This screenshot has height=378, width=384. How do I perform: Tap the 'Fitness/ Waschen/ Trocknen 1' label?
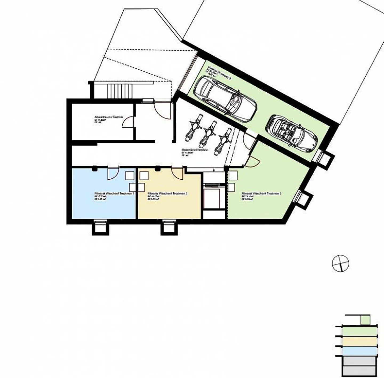coord(114,193)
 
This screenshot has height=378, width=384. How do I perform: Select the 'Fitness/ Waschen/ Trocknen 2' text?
coord(167,193)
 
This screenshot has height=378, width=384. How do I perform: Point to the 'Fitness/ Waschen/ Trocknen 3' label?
coord(261,193)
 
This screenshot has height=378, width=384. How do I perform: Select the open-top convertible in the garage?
coord(291,134)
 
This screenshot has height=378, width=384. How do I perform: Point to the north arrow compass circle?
coord(340,263)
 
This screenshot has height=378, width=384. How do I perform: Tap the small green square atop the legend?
coord(365,320)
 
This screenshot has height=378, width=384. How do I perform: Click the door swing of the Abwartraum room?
coord(128,122)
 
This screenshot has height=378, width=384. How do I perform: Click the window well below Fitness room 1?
coord(101,228)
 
